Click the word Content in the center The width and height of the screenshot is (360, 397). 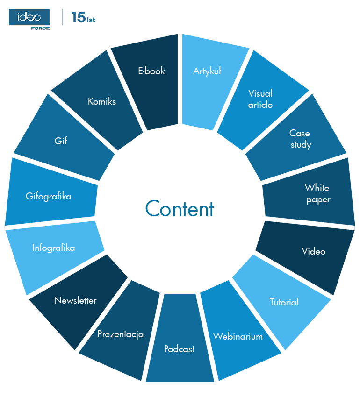pyautogui.click(x=180, y=209)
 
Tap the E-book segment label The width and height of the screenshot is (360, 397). pyautogui.click(x=151, y=71)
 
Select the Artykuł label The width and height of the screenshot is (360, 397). pyautogui.click(x=207, y=71)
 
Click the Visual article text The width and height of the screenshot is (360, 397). pyautogui.click(x=260, y=99)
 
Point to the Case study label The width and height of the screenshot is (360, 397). pyautogui.click(x=300, y=139)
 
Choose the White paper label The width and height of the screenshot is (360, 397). pyautogui.click(x=317, y=193)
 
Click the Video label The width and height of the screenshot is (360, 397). pyautogui.click(x=313, y=251)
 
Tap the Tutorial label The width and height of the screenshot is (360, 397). pyautogui.click(x=284, y=302)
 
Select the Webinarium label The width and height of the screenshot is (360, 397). pyautogui.click(x=238, y=336)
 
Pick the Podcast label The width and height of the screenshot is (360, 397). pyautogui.click(x=179, y=349)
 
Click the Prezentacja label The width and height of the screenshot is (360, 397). pyautogui.click(x=120, y=334)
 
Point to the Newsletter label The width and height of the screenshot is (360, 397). pyautogui.click(x=75, y=300)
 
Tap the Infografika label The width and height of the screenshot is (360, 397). pyautogui.click(x=53, y=248)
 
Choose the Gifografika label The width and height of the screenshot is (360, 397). pyautogui.click(x=49, y=196)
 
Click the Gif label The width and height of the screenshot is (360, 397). pyautogui.click(x=61, y=141)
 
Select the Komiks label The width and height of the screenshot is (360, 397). pyautogui.click(x=102, y=101)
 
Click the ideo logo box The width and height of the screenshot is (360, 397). pyautogui.click(x=29, y=17)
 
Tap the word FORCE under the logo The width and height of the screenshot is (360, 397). pyautogui.click(x=40, y=28)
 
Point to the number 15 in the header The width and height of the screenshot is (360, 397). pyautogui.click(x=78, y=18)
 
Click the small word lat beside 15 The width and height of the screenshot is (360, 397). pyautogui.click(x=91, y=20)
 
